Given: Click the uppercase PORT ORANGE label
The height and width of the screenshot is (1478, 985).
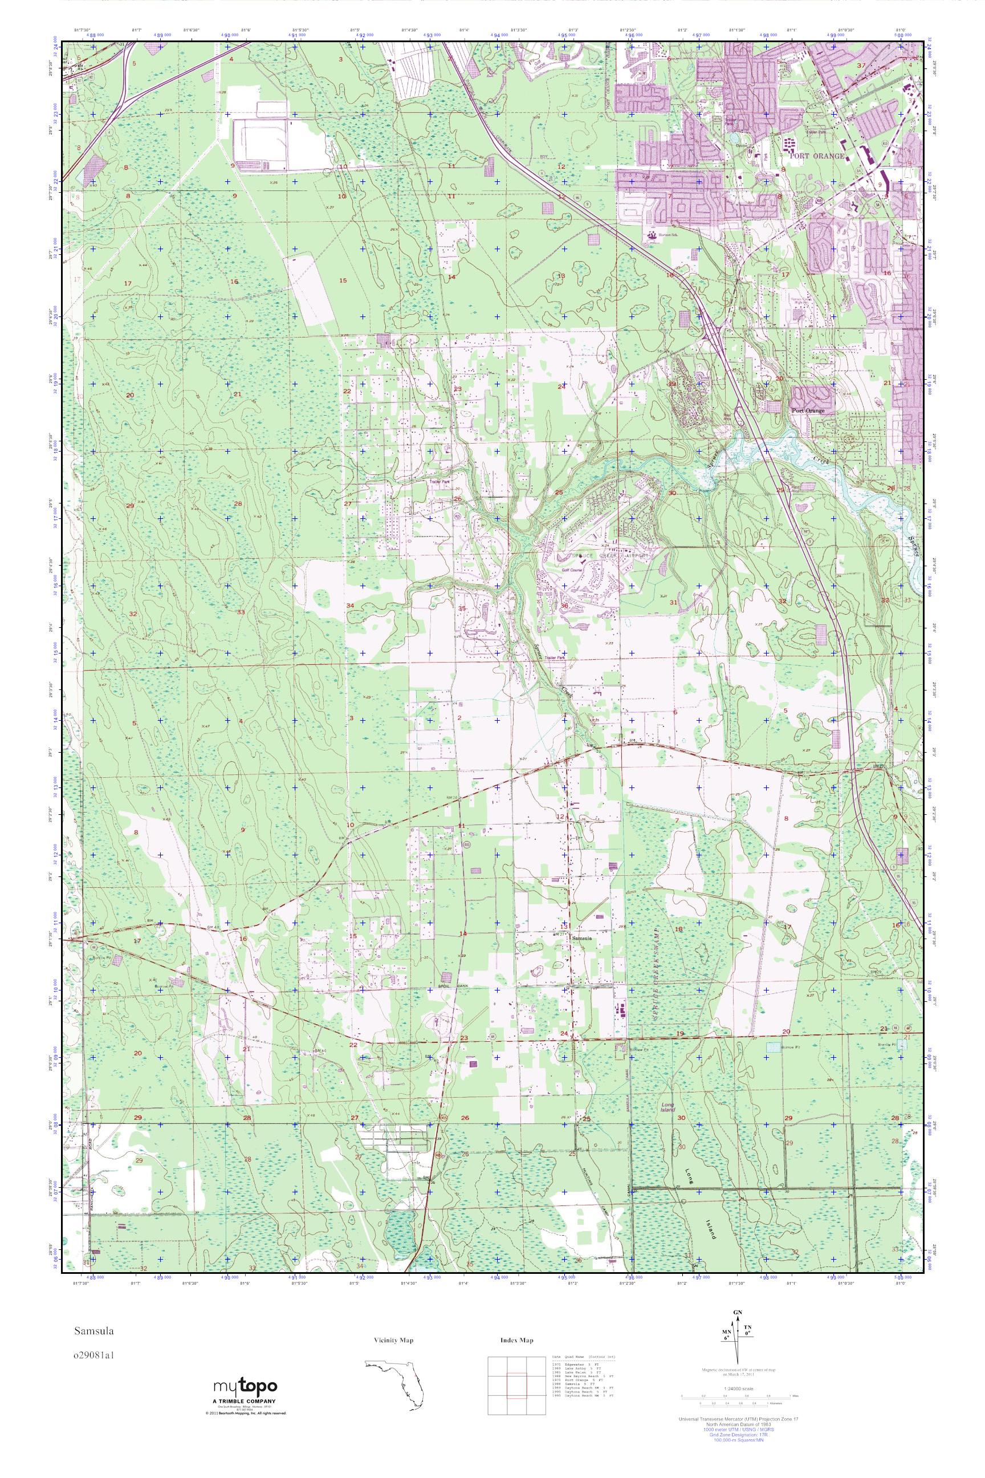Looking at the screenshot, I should [x=817, y=156].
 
